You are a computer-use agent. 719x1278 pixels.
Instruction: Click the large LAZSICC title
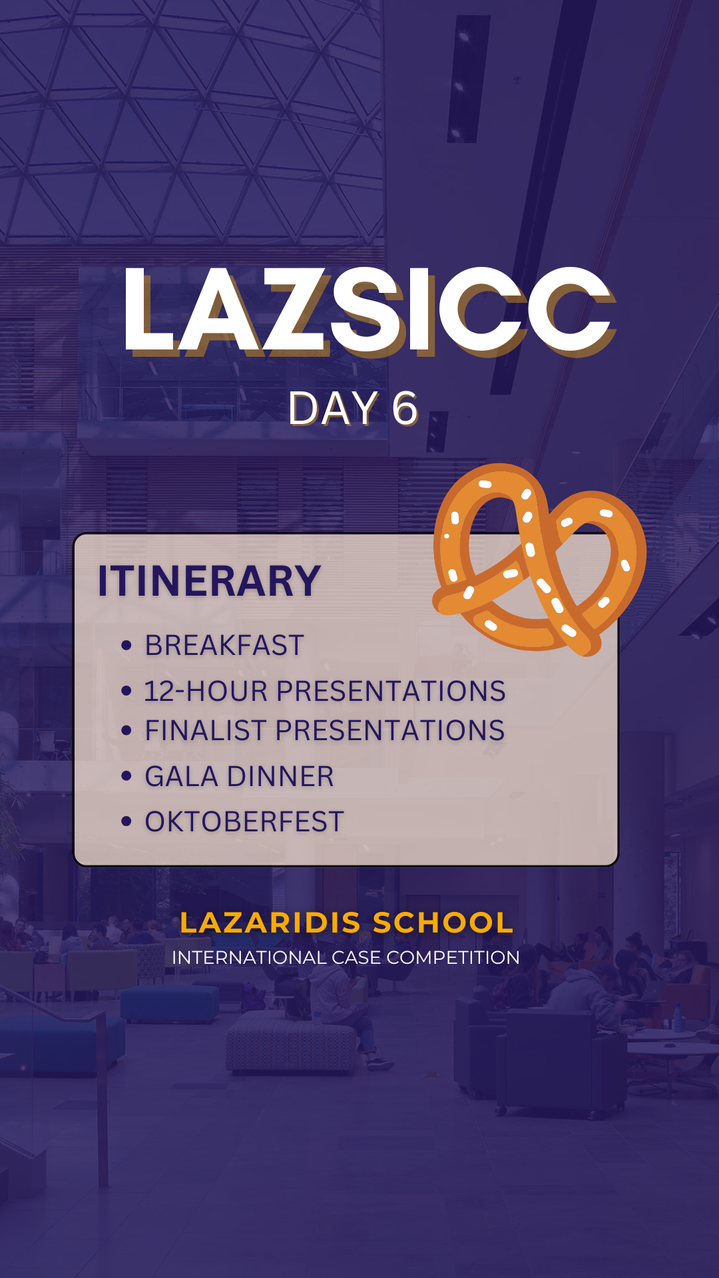coord(369,311)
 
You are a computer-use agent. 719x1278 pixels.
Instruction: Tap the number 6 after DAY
coord(405,408)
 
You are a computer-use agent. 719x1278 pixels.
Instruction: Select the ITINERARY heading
coord(209,581)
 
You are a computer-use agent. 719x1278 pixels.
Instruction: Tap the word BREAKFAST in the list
coord(224,645)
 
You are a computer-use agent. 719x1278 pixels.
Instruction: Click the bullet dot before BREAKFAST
coord(126,645)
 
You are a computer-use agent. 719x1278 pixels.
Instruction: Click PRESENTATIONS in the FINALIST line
coord(390,730)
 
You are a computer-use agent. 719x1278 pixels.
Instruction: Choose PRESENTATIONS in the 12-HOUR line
coord(391,691)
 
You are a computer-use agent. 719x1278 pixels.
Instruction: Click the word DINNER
coord(280,776)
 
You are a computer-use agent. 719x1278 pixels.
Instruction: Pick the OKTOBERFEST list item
coord(244,821)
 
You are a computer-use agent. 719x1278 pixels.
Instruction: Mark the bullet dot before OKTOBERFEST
coord(126,821)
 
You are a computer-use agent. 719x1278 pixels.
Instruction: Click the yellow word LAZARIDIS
coord(270,923)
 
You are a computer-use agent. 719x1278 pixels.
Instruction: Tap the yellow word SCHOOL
coord(443,923)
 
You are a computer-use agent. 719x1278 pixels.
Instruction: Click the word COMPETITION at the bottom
coord(453,957)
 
